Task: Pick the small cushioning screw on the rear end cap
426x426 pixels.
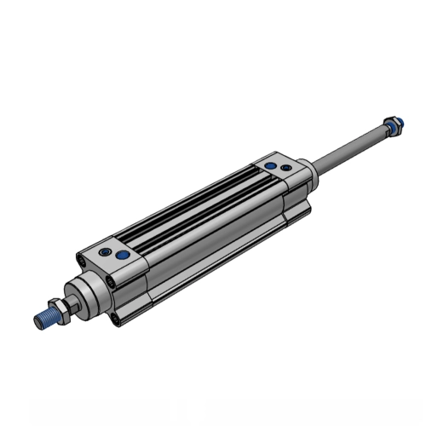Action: click(x=271, y=166)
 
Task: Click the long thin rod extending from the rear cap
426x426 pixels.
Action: click(x=349, y=147)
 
